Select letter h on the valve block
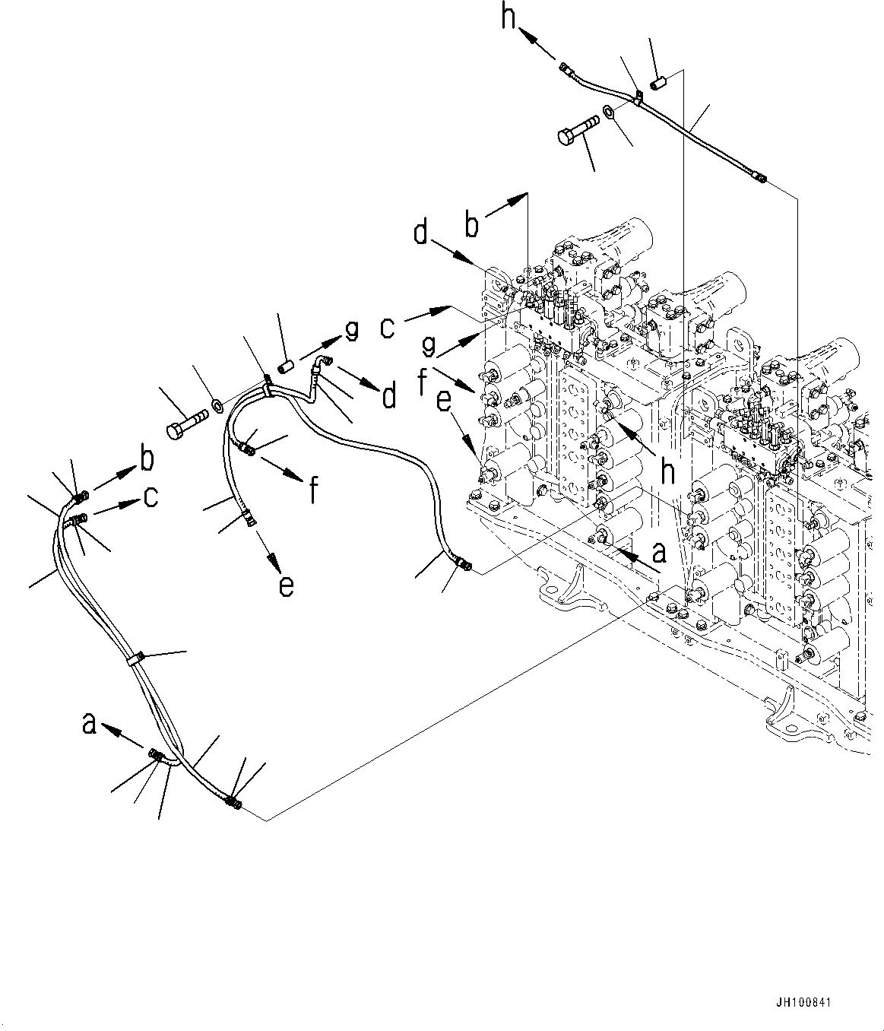pos(667,473)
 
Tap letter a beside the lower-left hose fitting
pos(90,724)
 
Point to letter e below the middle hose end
pos(285,585)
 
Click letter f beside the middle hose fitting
pos(312,490)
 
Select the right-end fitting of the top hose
pos(760,179)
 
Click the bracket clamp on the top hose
pos(638,97)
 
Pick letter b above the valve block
pos(473,226)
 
